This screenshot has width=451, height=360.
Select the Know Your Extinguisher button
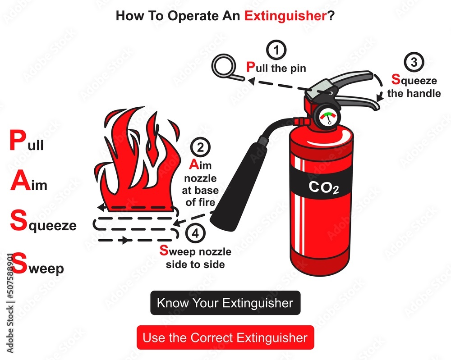[x=225, y=303]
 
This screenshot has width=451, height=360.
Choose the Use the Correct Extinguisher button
[x=225, y=337]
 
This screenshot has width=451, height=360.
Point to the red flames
[x=135, y=158]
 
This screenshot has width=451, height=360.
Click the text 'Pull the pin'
[x=276, y=68]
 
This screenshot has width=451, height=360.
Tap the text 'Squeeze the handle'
[x=414, y=87]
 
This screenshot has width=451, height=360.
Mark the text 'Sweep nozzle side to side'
[x=195, y=258]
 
